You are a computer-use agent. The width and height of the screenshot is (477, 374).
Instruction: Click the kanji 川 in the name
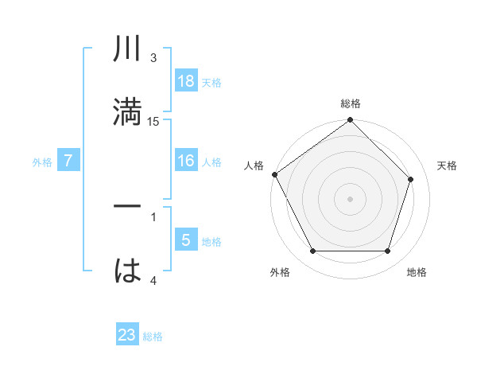point(128,50)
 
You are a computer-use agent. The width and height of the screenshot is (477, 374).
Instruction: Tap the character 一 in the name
point(128,208)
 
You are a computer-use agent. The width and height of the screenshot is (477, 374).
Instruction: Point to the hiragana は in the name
point(128,271)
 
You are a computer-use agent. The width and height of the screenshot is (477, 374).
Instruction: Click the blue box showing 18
point(185,81)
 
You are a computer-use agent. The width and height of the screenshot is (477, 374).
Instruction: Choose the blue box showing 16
point(185,161)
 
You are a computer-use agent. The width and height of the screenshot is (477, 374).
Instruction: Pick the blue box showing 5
point(185,240)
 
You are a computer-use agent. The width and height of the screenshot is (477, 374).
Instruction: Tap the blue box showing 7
point(68,161)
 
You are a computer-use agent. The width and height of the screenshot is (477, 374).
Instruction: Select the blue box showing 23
point(127,335)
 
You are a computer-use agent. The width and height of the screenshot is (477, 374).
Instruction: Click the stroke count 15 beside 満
point(153,121)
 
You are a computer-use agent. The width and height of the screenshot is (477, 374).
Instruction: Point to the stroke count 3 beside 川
point(153,58)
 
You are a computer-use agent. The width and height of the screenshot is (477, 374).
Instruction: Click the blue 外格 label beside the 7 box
point(42,162)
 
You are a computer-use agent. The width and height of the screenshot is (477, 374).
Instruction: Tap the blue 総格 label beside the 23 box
point(153,337)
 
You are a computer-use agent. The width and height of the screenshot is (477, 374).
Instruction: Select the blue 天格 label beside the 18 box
point(211,83)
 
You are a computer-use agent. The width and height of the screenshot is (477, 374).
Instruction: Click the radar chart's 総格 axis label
point(351,103)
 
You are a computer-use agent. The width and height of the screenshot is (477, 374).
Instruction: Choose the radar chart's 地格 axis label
point(417,272)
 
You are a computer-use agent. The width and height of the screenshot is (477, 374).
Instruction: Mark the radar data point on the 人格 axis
point(275,174)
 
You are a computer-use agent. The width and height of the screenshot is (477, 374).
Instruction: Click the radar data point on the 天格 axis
point(411,179)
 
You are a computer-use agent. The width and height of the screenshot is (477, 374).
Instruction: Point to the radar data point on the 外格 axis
point(312,251)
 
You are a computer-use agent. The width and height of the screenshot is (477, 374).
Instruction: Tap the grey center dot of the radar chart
point(351,198)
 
